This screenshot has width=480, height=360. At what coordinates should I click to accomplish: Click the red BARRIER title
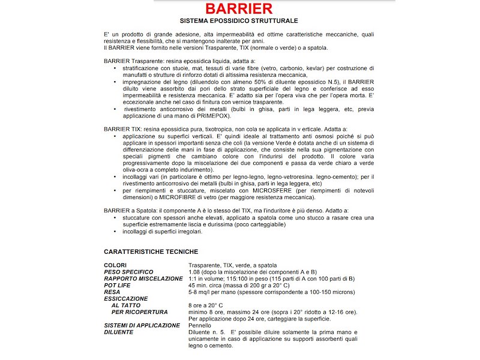click(239, 9)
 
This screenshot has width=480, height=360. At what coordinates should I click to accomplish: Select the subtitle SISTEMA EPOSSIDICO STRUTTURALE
click(239, 21)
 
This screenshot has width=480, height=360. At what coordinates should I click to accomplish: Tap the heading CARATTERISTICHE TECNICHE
click(151, 251)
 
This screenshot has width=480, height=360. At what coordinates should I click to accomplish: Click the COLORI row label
click(115, 265)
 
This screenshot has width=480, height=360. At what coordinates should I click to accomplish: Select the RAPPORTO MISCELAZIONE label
click(143, 278)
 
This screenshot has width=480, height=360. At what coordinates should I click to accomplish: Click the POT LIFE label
click(119, 285)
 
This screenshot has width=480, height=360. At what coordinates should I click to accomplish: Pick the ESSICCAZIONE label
click(126, 298)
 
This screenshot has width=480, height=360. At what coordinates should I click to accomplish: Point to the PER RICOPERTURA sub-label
click(140, 311)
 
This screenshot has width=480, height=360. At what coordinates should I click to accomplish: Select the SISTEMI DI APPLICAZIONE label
click(142, 325)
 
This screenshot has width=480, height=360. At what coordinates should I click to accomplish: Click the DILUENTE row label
click(119, 332)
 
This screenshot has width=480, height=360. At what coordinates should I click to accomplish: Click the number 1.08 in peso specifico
click(196, 272)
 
